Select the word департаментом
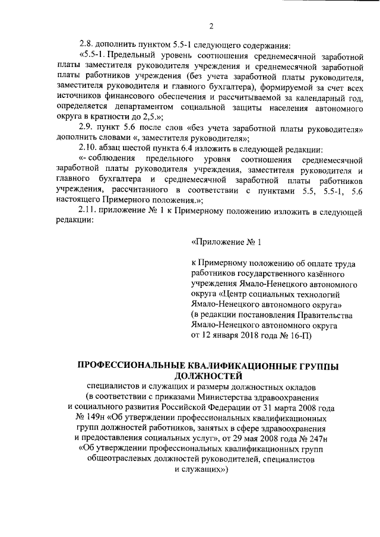153,107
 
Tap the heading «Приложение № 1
226,242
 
